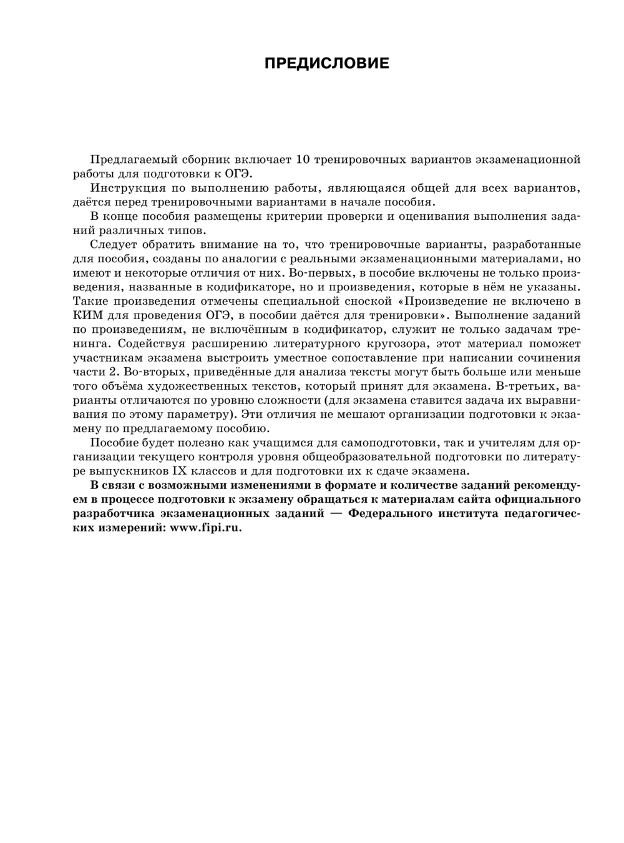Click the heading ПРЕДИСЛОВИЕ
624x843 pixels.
click(x=326, y=64)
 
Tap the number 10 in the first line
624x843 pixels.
click(x=302, y=159)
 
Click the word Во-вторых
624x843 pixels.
click(x=123, y=372)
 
